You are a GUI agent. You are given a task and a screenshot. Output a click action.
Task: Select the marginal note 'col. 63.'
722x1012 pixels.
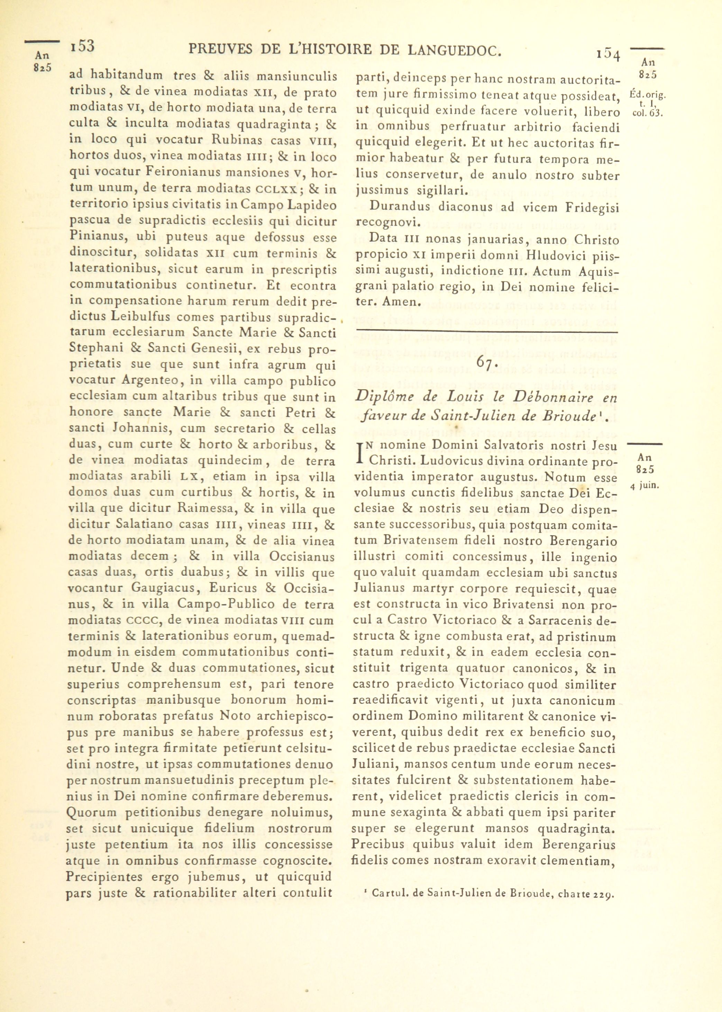click(x=647, y=113)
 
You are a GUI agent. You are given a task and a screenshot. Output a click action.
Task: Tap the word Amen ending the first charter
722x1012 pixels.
click(x=396, y=302)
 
